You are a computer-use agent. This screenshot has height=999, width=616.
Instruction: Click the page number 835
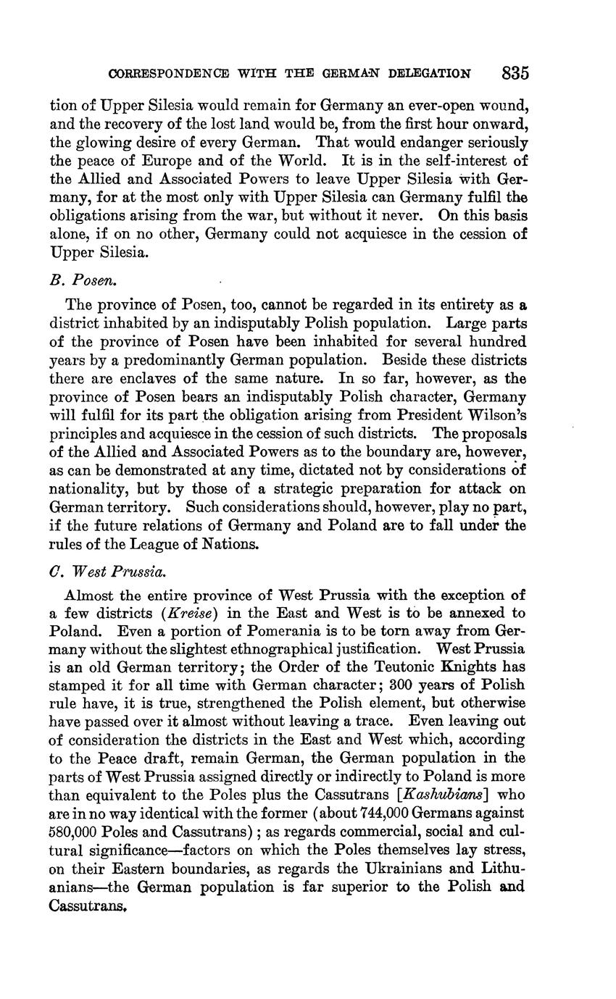pyautogui.click(x=514, y=73)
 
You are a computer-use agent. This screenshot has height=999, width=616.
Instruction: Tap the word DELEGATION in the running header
pyautogui.click(x=430, y=74)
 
